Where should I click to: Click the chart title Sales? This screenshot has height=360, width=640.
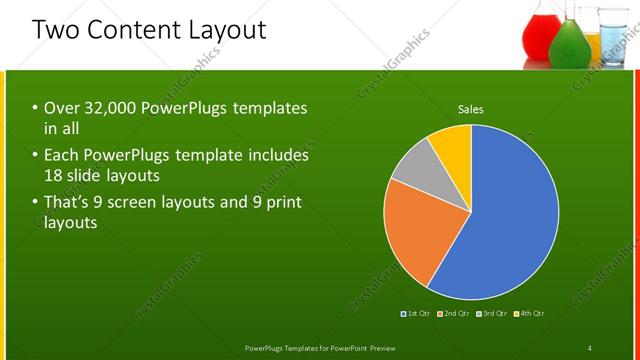[x=471, y=109]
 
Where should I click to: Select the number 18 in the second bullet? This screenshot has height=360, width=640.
[x=57, y=175]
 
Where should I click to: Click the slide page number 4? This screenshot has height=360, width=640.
[x=590, y=347]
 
